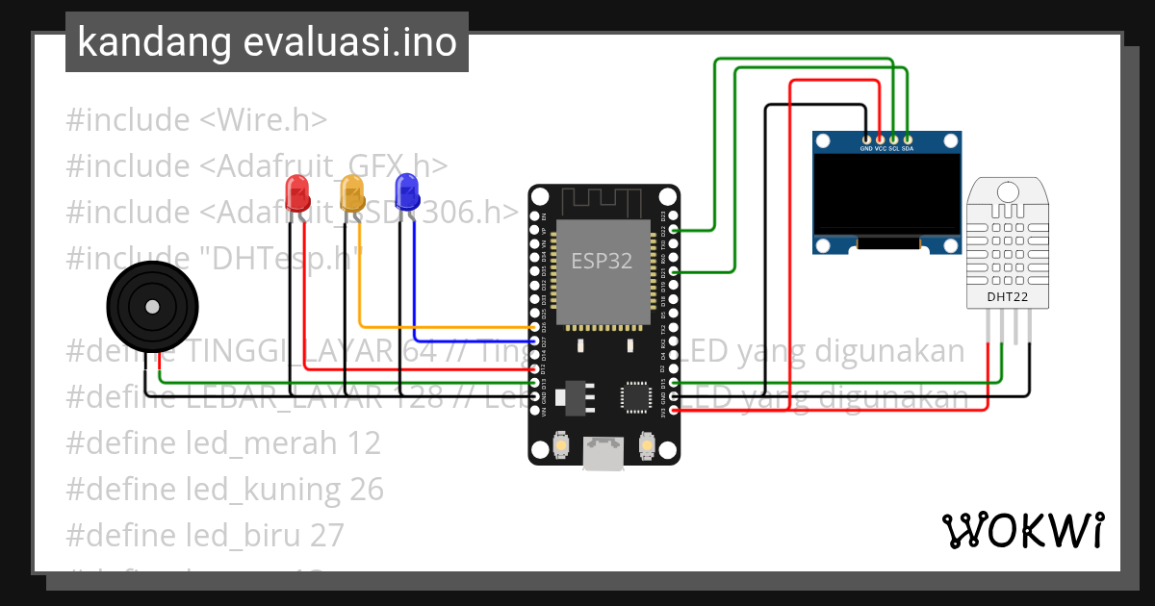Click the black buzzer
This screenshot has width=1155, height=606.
(x=151, y=307)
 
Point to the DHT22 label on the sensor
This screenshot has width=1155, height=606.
(x=1008, y=297)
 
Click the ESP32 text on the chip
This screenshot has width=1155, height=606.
(x=602, y=261)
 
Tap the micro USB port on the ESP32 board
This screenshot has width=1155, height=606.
(x=603, y=454)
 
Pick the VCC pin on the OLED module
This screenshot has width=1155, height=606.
(x=880, y=140)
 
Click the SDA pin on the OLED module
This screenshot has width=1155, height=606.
(x=908, y=140)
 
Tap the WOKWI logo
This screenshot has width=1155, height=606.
(x=1022, y=530)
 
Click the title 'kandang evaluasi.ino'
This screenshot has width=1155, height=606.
(x=267, y=42)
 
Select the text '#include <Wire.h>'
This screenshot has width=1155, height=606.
(x=196, y=120)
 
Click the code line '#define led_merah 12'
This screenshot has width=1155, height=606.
(x=223, y=442)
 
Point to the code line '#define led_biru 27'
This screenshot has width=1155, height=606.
(x=205, y=535)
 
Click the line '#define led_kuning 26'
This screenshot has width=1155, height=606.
(x=225, y=489)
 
